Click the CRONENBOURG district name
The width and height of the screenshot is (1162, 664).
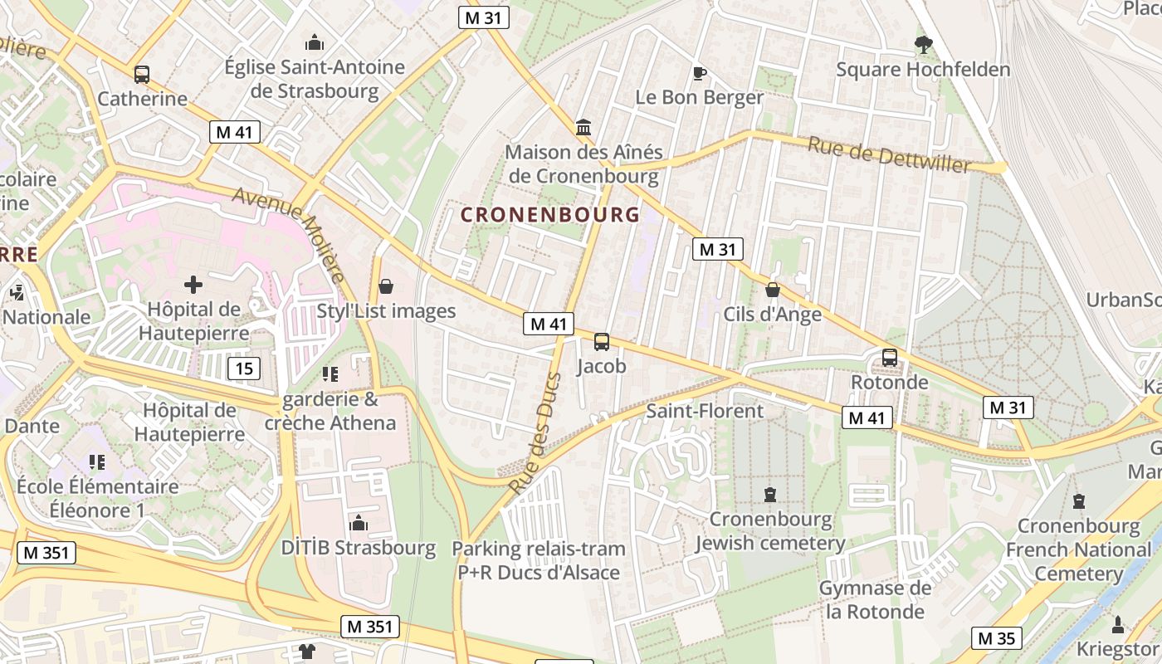[550, 214]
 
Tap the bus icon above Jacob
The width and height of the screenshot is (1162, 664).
[602, 341]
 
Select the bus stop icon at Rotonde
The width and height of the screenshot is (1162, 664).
[890, 358]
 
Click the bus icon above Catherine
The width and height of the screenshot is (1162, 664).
[142, 74]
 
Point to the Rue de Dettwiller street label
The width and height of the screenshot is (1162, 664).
[889, 155]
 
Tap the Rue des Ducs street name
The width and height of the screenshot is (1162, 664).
[536, 434]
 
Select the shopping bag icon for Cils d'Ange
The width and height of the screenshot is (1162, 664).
[773, 290]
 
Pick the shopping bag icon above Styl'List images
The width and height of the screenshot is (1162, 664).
[386, 286]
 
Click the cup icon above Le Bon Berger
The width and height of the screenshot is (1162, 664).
[700, 73]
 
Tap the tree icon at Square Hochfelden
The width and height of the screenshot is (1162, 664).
[923, 45]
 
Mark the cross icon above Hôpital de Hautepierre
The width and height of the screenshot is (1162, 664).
[193, 285]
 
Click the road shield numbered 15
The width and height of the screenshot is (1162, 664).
[247, 369]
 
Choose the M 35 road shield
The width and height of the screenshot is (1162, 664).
[996, 638]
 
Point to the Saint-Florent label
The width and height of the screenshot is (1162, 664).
[705, 411]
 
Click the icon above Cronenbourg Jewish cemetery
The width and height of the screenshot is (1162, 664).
[770, 495]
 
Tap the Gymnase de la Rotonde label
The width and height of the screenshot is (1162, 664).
[875, 600]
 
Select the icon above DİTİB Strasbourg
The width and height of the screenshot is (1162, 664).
[359, 523]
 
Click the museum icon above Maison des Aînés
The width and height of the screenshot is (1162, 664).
[583, 128]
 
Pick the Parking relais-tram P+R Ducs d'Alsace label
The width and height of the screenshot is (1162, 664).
[539, 560]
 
